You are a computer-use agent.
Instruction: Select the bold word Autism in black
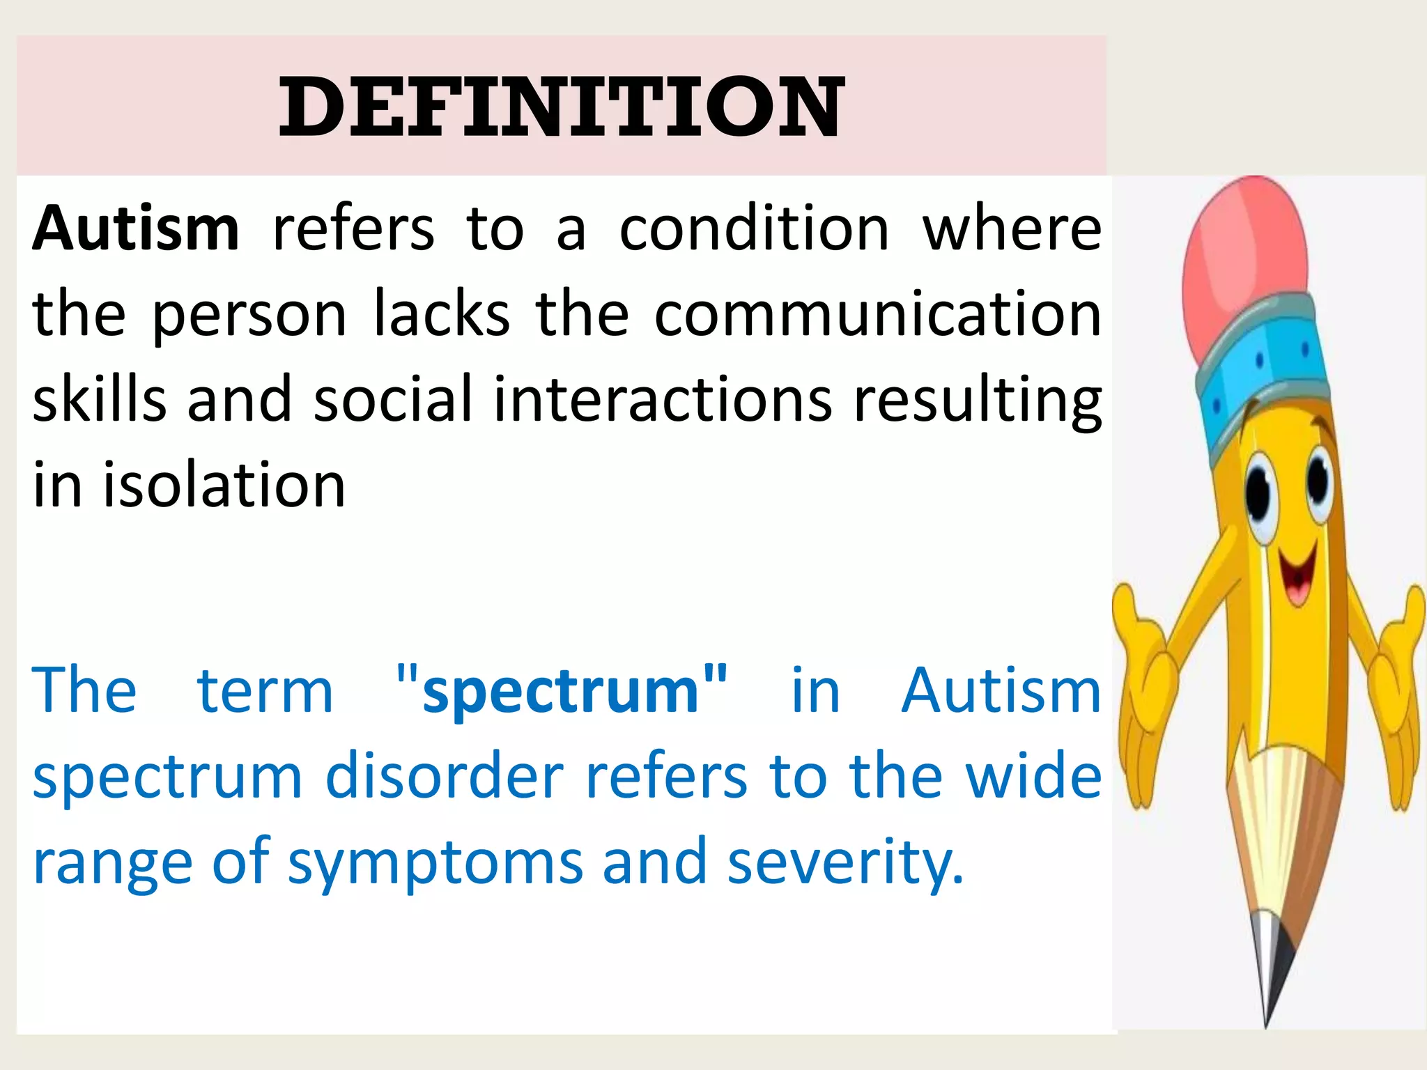click(136, 229)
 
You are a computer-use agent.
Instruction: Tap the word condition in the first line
click(755, 229)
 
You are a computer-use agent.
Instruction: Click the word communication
click(878, 315)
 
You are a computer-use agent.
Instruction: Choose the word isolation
click(224, 485)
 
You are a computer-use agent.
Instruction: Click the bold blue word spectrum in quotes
click(561, 692)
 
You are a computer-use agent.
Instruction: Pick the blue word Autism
click(1001, 691)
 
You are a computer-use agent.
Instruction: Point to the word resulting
click(978, 401)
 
